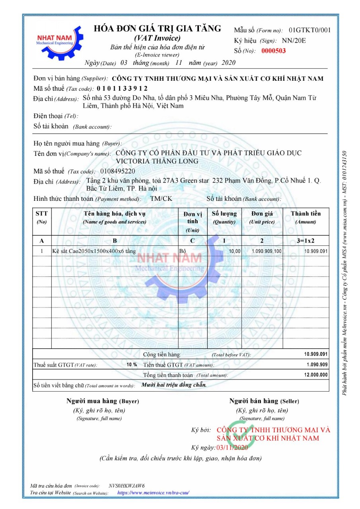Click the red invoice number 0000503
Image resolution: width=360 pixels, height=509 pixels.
click(273, 51)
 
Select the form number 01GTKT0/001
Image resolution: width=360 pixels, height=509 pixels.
click(309, 30)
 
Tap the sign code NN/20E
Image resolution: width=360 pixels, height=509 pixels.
click(294, 41)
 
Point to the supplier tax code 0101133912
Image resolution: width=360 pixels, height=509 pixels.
click(122, 88)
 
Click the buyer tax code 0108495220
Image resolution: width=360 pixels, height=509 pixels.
click(118, 171)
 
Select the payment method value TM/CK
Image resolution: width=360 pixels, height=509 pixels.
click(161, 198)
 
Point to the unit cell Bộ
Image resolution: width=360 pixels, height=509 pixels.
click(183, 251)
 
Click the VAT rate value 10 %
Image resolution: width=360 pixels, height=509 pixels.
click(132, 365)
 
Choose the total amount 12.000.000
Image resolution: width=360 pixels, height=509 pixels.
click(316, 375)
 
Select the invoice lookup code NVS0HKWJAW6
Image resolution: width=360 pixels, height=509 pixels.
click(126, 486)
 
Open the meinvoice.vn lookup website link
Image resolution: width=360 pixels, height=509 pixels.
click(154, 493)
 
